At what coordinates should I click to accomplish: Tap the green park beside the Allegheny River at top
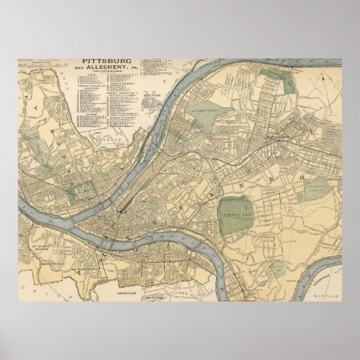[289, 82]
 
